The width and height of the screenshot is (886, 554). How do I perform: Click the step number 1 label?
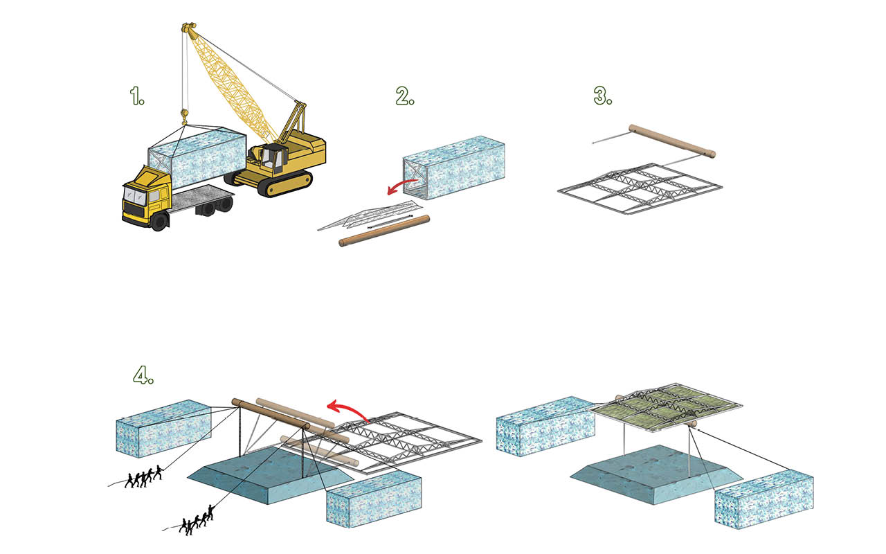tap(138, 97)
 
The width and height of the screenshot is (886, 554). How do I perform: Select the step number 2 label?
tap(405, 97)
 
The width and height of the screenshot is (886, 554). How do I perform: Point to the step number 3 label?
tap(604, 96)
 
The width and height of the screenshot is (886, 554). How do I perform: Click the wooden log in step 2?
tap(384, 231)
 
